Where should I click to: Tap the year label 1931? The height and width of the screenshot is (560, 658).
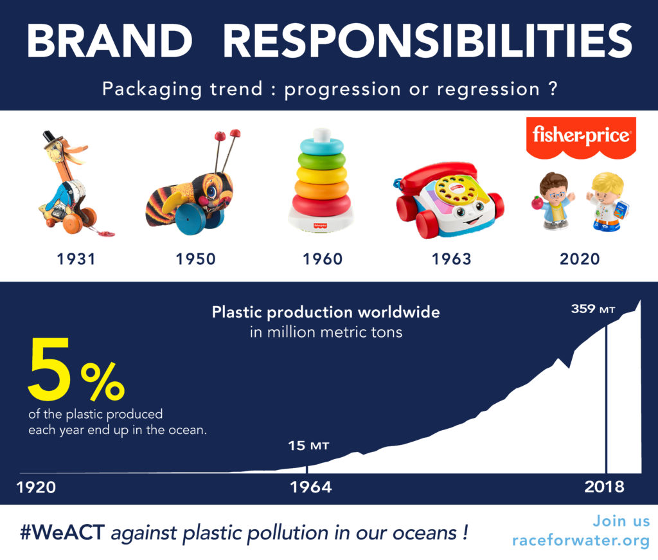click(x=76, y=259)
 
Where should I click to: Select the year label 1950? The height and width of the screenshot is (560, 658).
click(x=195, y=259)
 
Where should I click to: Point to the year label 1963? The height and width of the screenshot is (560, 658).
click(x=452, y=259)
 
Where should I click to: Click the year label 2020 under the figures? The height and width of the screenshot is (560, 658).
click(x=580, y=259)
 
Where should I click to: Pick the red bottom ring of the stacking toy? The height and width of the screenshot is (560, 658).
click(x=321, y=206)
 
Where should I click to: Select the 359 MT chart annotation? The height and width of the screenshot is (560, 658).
click(x=593, y=309)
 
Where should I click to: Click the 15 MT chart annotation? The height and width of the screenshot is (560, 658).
click(x=308, y=446)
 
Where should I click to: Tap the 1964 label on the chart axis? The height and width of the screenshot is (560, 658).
click(x=311, y=487)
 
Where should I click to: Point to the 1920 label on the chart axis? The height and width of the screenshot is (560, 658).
click(x=36, y=487)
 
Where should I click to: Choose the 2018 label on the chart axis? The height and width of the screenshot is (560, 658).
click(x=604, y=487)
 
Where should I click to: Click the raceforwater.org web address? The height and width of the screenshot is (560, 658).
click(x=581, y=541)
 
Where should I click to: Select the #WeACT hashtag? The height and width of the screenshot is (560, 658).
click(x=62, y=533)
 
